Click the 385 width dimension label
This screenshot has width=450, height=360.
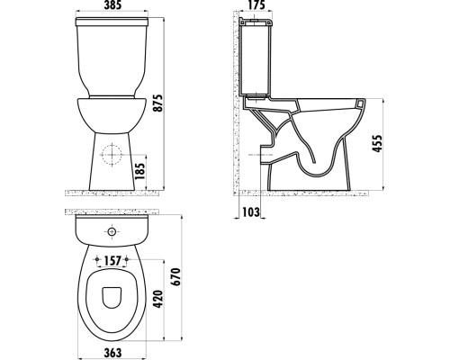[112, 5]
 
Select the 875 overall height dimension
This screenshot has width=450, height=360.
[157, 103]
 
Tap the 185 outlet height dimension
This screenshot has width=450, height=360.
[139, 171]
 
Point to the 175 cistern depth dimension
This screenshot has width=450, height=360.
[256, 5]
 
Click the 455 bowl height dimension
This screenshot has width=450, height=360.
[377, 143]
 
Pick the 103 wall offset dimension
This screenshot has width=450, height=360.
[251, 212]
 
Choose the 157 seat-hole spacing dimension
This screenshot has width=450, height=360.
[112, 261]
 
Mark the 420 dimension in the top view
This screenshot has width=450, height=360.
[157, 299]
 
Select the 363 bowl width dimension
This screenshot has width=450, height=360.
[112, 353]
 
